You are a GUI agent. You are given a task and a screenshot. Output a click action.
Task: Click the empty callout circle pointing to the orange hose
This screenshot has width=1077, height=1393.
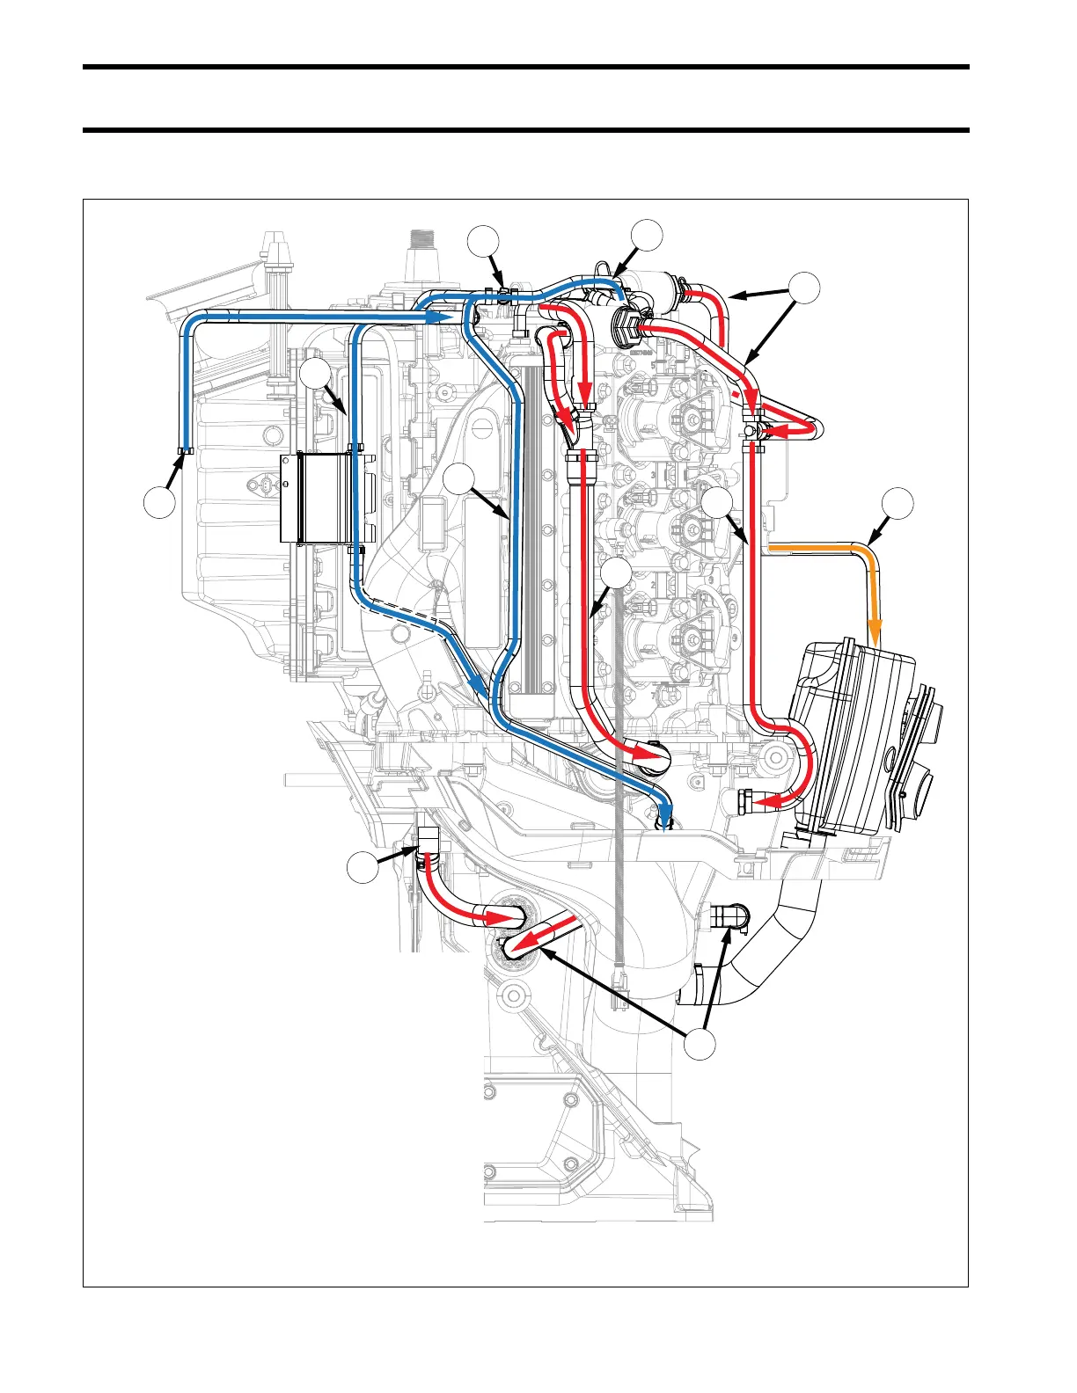[897, 502]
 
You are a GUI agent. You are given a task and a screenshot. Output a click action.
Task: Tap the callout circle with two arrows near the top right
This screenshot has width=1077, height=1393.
[803, 289]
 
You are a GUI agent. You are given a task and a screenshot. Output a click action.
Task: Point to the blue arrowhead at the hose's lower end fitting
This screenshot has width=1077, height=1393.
[666, 814]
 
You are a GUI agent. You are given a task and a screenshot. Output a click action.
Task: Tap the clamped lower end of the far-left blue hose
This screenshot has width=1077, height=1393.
[185, 451]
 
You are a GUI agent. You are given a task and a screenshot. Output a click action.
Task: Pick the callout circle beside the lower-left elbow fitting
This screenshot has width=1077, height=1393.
[361, 868]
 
